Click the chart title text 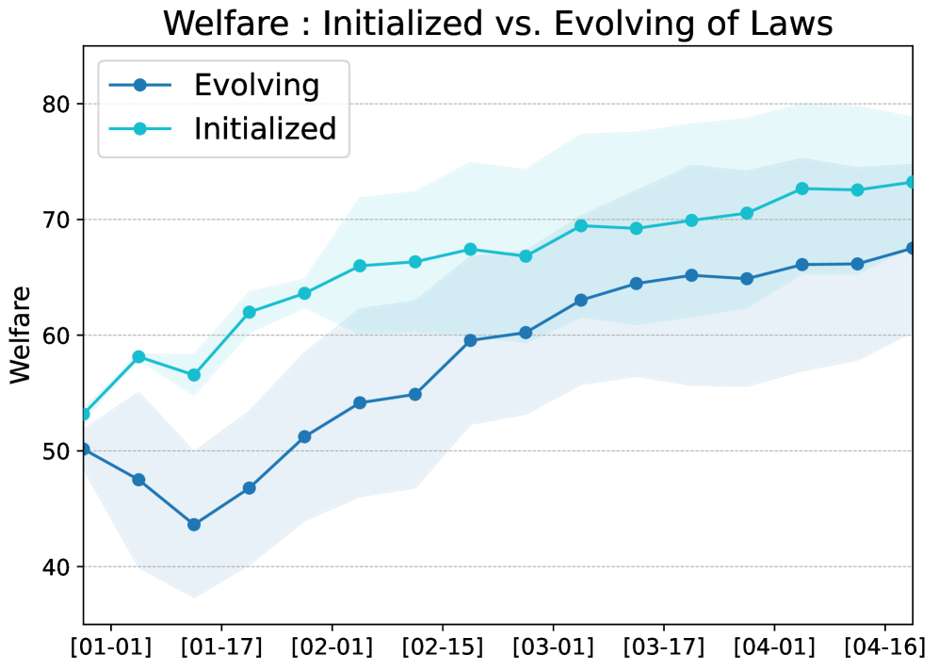[x=497, y=24]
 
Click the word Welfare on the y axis [x=21, y=335]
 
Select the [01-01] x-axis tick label [x=112, y=649]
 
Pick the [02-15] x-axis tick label [x=444, y=649]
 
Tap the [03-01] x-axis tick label [x=553, y=649]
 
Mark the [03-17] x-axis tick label [x=664, y=649]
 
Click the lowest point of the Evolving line [x=194, y=525]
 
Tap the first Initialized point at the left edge [x=84, y=414]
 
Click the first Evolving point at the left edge [x=84, y=450]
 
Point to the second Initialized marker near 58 [x=138, y=357]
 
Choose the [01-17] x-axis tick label [x=221, y=649]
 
